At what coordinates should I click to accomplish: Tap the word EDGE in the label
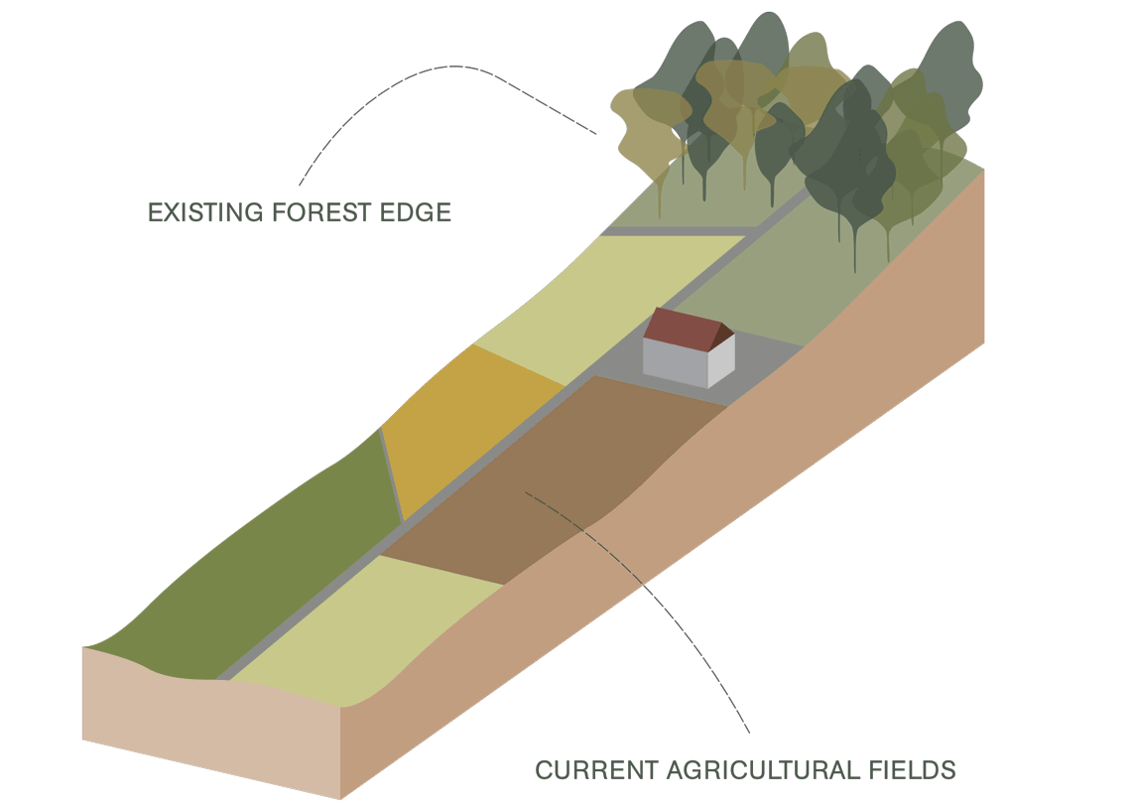417,212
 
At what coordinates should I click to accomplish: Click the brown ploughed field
556,476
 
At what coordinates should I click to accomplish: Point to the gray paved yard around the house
764,367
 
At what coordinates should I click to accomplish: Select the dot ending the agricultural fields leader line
527,491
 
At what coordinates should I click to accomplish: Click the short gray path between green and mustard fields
391,476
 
